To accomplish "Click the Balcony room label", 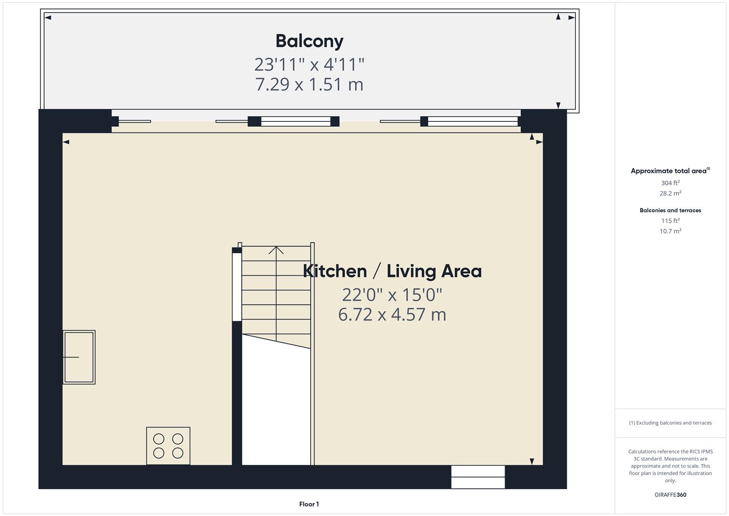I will pos(309,41).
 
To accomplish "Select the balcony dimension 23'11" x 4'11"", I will pos(309,64).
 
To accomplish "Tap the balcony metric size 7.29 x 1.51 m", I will pos(309,85).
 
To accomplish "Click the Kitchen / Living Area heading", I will pos(392,271).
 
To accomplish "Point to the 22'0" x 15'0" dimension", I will pos(392,295).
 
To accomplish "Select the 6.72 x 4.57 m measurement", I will pos(392,315).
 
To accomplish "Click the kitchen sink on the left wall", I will pos(79,357).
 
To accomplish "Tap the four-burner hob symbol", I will pos(168,446).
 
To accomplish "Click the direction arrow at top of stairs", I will pos(276,250).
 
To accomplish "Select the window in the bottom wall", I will pos(478,477).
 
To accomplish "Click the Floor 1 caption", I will pos(309,504).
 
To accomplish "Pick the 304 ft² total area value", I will pos(670,183).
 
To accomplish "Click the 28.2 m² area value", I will pos(670,193).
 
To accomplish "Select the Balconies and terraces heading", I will pos(670,210).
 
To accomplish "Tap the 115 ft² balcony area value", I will pos(670,221).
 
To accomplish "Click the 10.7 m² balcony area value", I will pos(670,231).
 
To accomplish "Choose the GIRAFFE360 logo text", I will pos(670,495).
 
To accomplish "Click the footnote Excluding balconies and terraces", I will pos(670,423).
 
